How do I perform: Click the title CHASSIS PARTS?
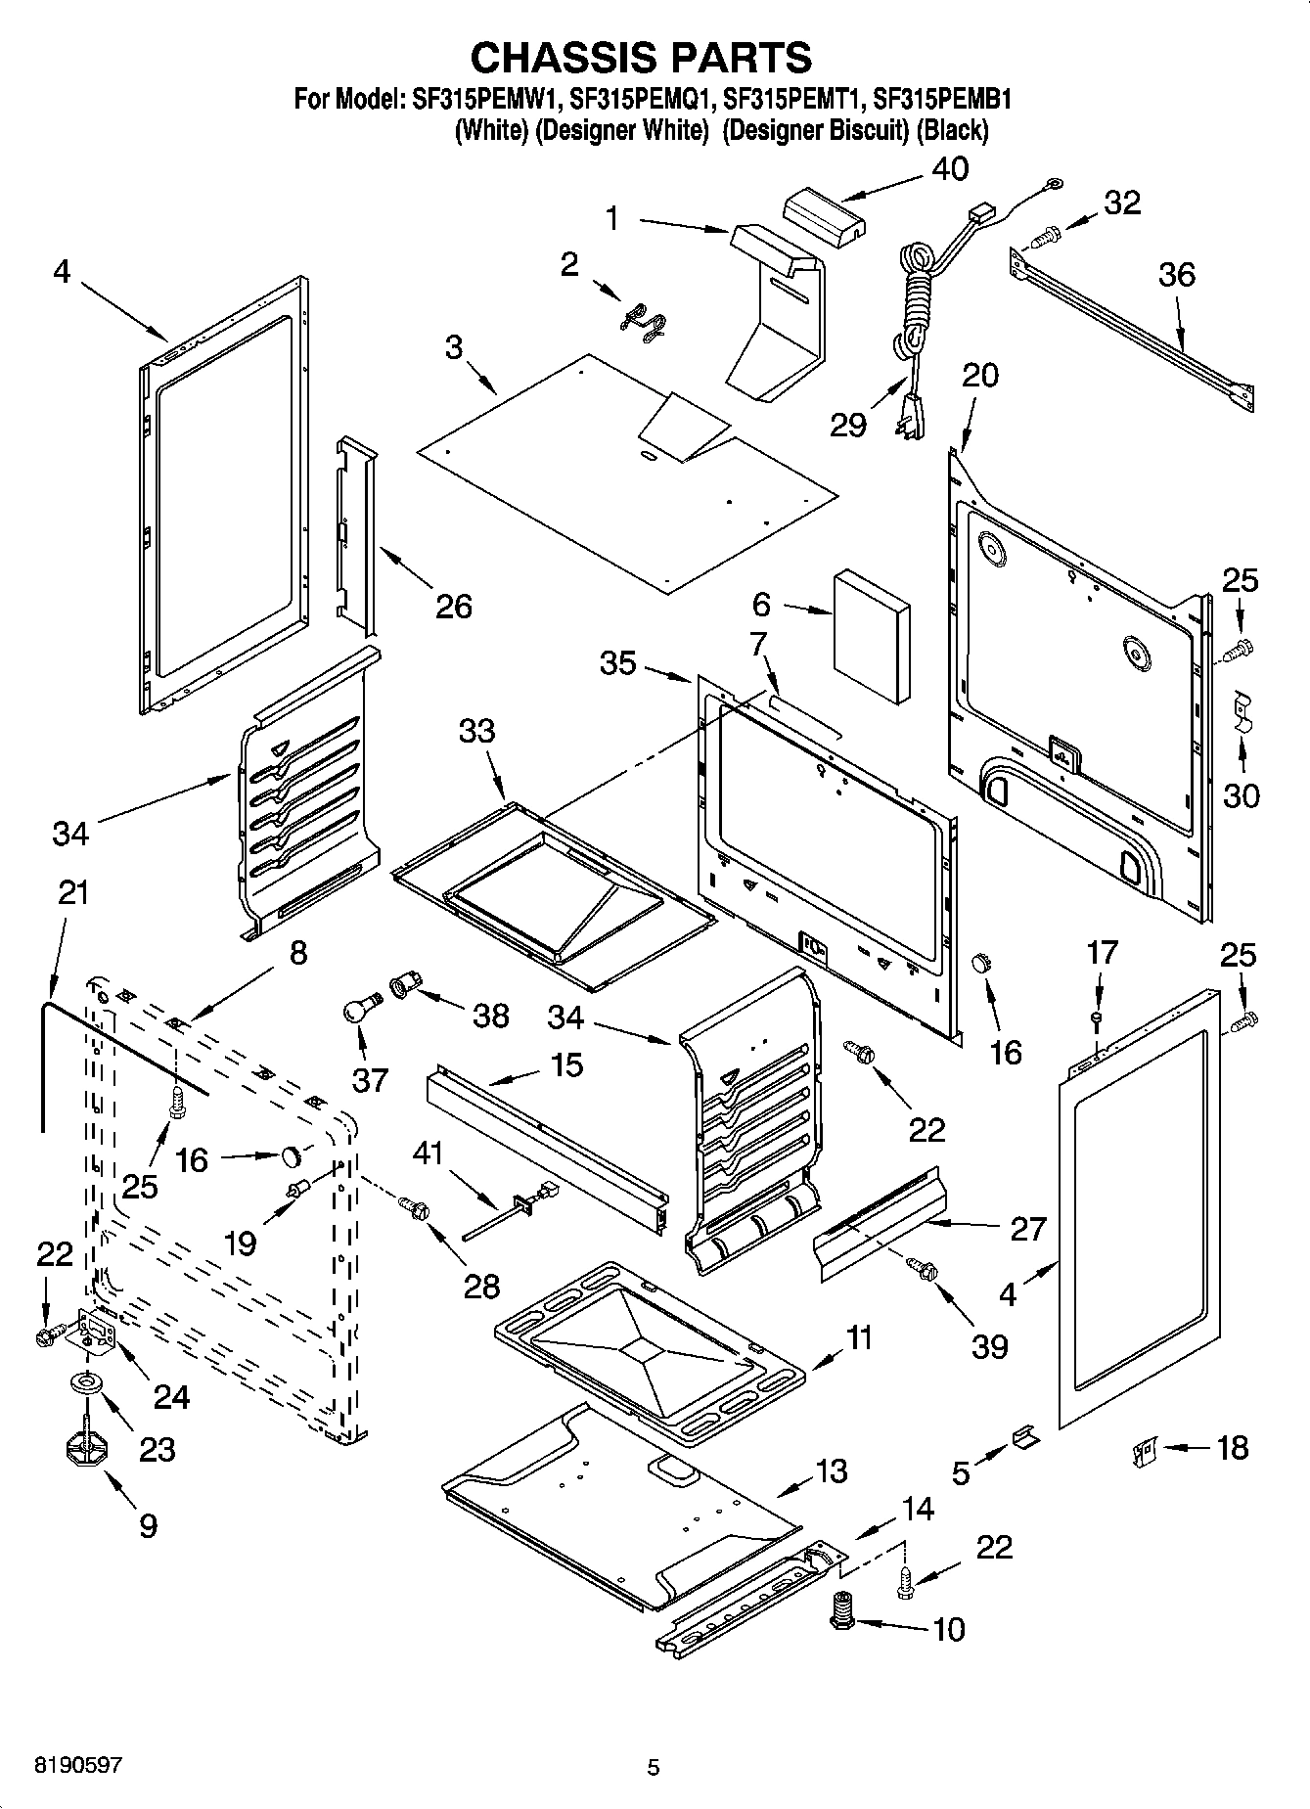641,58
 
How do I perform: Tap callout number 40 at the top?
949,168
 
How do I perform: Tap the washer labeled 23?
88,1383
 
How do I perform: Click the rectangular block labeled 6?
871,637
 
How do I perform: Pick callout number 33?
477,731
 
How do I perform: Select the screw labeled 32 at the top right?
1046,235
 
